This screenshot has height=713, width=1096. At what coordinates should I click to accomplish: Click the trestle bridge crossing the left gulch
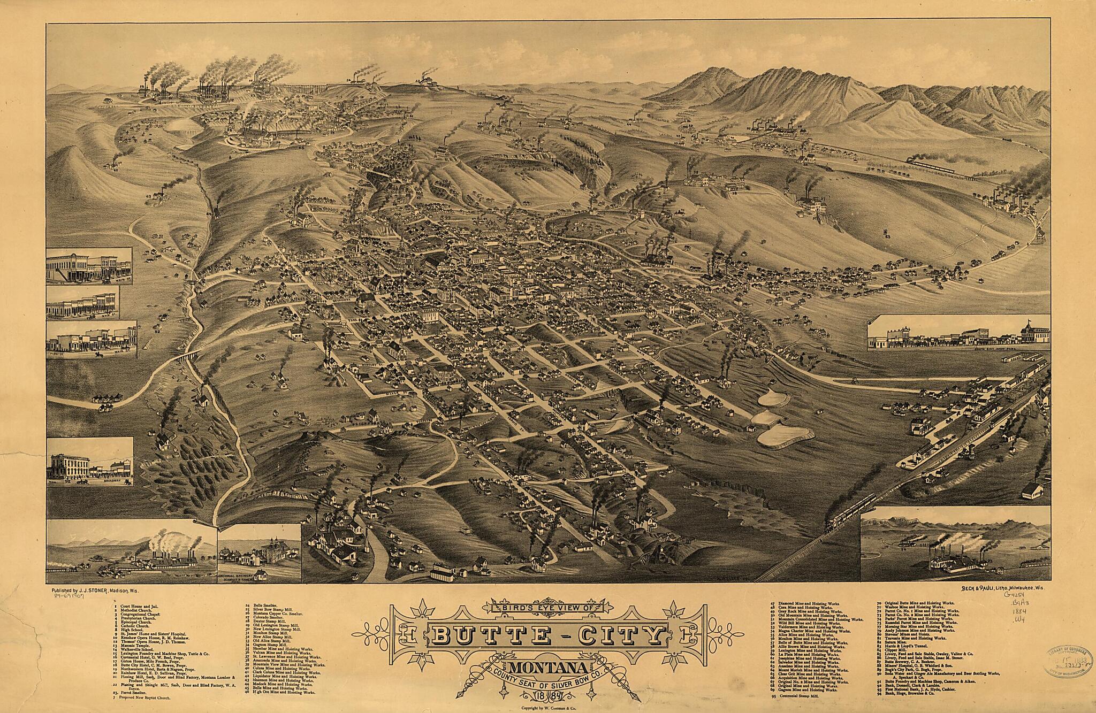tap(190, 356)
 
